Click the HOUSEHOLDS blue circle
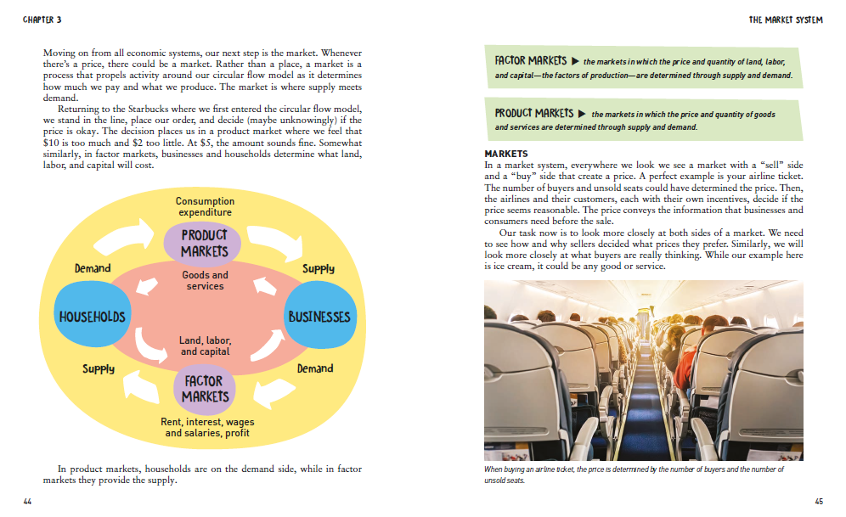(x=92, y=317)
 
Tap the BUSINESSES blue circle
(x=319, y=317)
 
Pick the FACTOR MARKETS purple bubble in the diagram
(x=205, y=389)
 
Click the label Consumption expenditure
(x=205, y=206)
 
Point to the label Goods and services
(x=205, y=280)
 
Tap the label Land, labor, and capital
(x=205, y=346)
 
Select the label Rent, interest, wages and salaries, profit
(x=207, y=427)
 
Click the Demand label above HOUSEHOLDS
(x=93, y=268)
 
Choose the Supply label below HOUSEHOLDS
(x=99, y=369)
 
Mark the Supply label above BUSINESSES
(x=319, y=268)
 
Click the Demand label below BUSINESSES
(x=314, y=369)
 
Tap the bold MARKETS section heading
(x=506, y=154)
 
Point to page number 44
(x=27, y=503)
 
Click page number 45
(x=818, y=503)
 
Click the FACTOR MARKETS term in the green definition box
(x=530, y=61)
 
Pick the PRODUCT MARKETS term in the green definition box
(x=534, y=113)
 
